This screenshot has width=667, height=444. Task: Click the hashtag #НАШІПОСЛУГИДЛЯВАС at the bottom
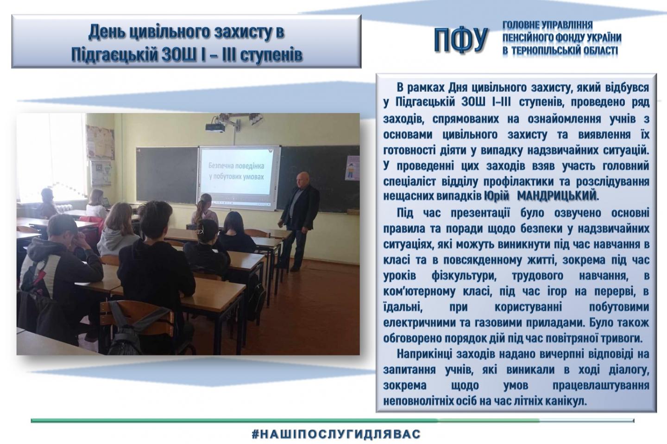[x=336, y=434]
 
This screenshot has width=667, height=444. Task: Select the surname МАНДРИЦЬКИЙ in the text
[x=557, y=196]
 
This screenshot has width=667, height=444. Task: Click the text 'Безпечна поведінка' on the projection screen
[x=236, y=165]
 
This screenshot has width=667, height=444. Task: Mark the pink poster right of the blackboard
[x=352, y=168]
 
